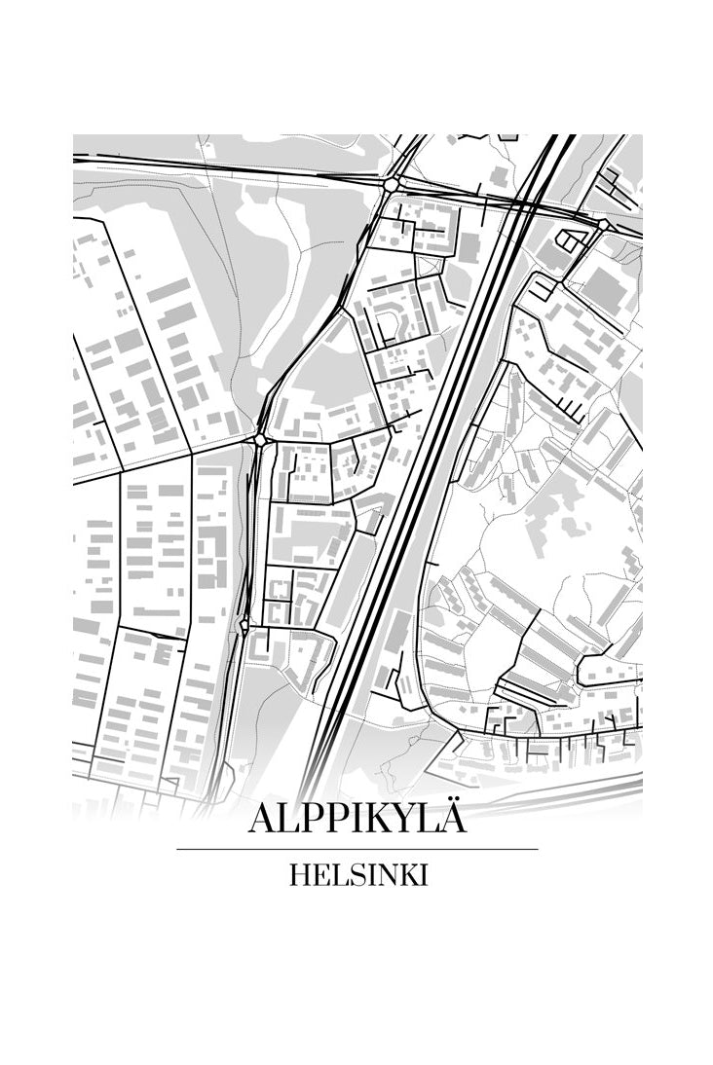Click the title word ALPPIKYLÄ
tap(356, 817)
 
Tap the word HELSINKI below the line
tap(357, 875)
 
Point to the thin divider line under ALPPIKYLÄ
tap(356, 849)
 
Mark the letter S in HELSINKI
tap(352, 875)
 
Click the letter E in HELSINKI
tap(319, 875)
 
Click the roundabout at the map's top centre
tap(392, 183)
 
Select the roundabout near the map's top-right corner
tap(603, 225)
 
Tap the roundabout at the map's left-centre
tap(260, 441)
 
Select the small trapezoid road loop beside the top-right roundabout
tap(567, 239)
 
